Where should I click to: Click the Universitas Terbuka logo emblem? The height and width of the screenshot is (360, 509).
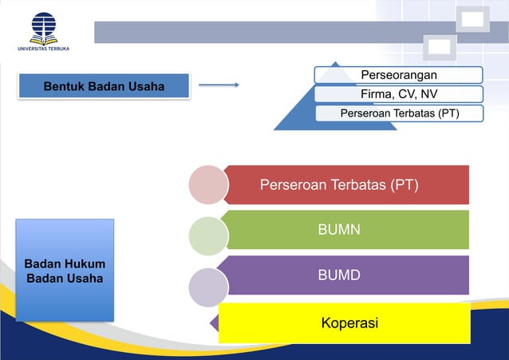tap(43, 26)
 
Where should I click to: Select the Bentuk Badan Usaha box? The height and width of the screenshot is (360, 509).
tap(104, 86)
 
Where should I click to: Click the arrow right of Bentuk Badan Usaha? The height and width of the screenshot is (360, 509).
tap(219, 85)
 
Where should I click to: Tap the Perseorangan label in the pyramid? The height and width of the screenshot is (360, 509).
tap(399, 75)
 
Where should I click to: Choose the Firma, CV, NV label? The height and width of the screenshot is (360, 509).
tap(399, 94)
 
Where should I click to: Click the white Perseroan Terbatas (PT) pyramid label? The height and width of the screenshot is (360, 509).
tap(399, 113)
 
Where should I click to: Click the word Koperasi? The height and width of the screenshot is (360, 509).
tap(349, 323)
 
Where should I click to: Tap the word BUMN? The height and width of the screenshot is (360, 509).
tap(339, 230)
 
